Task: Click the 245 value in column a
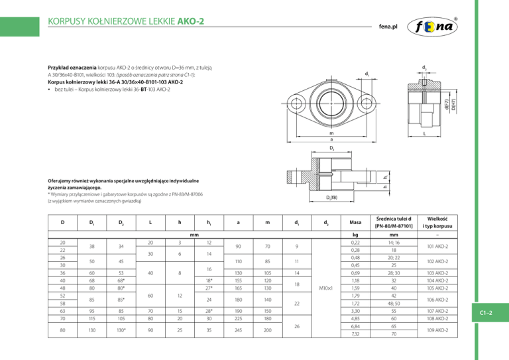237,330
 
